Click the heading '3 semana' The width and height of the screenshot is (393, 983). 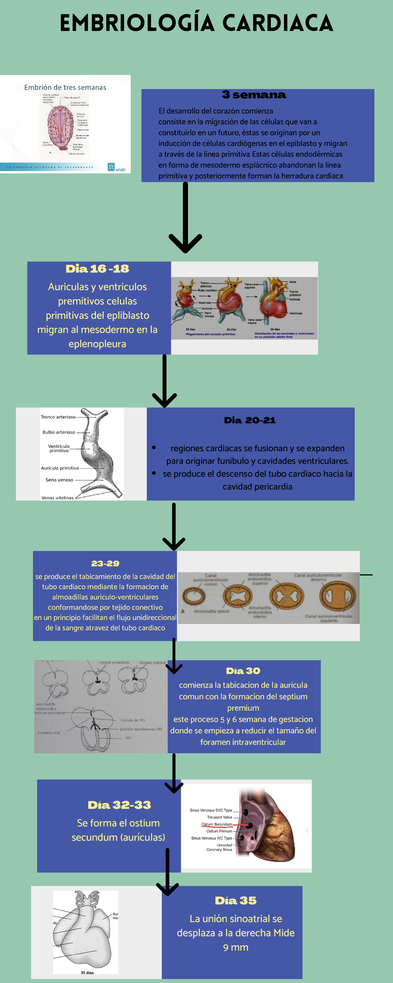click(x=254, y=95)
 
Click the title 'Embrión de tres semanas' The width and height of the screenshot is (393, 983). click(x=65, y=87)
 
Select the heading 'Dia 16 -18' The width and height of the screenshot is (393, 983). click(x=97, y=269)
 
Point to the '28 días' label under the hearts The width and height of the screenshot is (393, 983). click(x=275, y=329)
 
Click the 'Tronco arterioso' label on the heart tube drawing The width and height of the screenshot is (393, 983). click(x=58, y=417)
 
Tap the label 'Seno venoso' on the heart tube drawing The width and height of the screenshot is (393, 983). click(x=59, y=480)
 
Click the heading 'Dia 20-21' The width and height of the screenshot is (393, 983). click(x=250, y=420)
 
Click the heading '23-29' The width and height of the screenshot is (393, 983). click(x=105, y=563)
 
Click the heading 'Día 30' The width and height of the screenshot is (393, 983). click(x=243, y=670)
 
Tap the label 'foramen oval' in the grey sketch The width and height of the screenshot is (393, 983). click(x=48, y=733)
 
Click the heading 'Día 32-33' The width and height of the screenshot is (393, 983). click(x=120, y=805)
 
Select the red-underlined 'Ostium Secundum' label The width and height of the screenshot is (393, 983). click(x=217, y=824)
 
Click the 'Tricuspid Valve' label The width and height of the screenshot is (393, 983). click(x=219, y=818)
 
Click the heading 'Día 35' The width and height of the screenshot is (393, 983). click(x=236, y=900)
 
